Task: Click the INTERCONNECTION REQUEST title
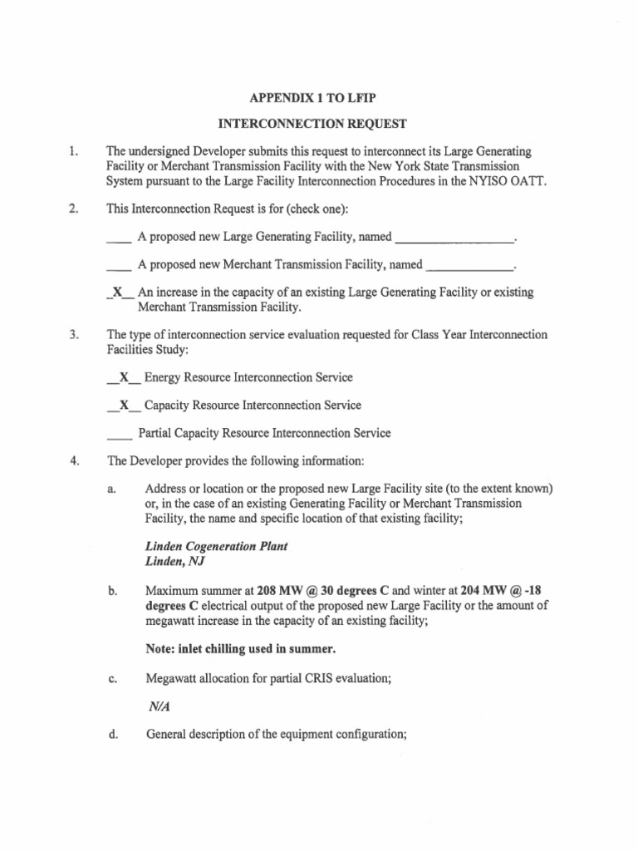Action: pyautogui.click(x=312, y=124)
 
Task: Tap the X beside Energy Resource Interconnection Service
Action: pyautogui.click(x=124, y=377)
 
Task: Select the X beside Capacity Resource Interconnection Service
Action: pyautogui.click(x=124, y=406)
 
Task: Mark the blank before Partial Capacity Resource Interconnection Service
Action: pyautogui.click(x=120, y=434)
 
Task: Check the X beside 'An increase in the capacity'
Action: pyautogui.click(x=120, y=293)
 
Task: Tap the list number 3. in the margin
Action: pyautogui.click(x=74, y=335)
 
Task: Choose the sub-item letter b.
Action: pyautogui.click(x=112, y=592)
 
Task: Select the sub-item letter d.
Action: pyautogui.click(x=112, y=735)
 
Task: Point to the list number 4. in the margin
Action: pyautogui.click(x=74, y=461)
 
